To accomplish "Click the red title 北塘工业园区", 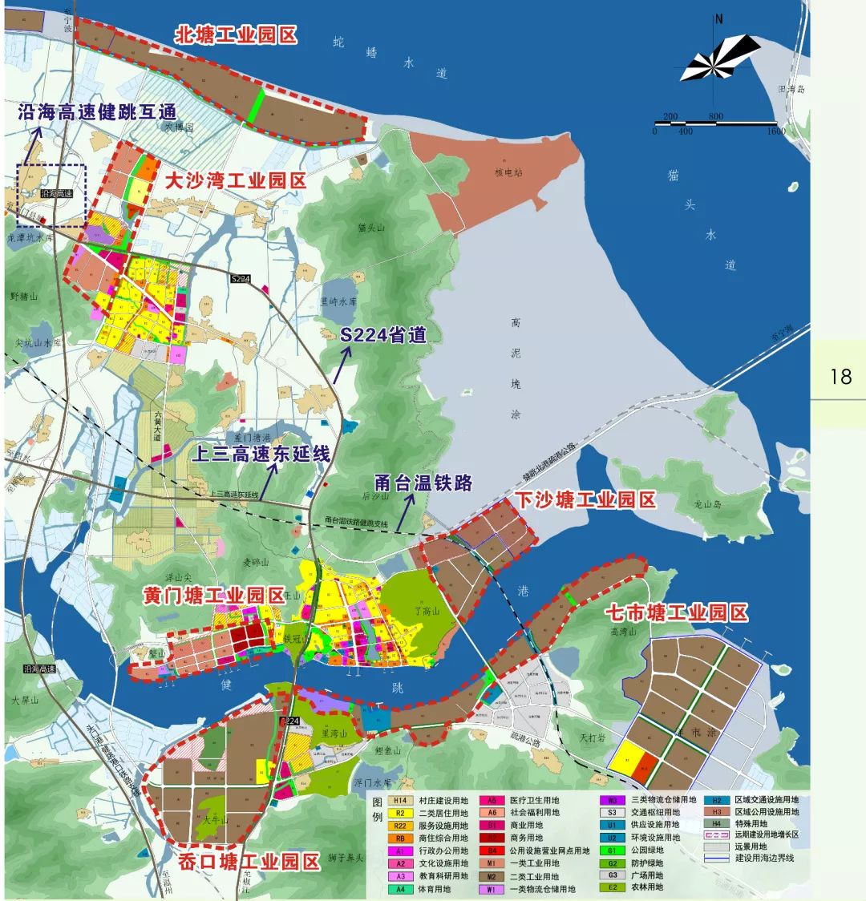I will coord(237,35).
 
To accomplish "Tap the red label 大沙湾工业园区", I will coord(235,181).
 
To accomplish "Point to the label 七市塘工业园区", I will coord(676,613).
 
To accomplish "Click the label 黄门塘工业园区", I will coord(215,596).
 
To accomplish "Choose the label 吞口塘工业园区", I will coord(249,862).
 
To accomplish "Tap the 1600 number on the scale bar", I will coord(775,131).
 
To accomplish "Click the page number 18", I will coord(840,375).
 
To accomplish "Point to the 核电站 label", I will coord(508,172).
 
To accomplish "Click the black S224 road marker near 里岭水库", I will coord(241,279).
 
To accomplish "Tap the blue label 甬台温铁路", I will coord(423,483).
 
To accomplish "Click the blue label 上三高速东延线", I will coord(261,454).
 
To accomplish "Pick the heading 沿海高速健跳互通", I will coord(97,112).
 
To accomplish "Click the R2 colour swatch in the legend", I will coord(399,813).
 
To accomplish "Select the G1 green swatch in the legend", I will coord(611,850).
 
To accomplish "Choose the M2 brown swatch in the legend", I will coord(489,876).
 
